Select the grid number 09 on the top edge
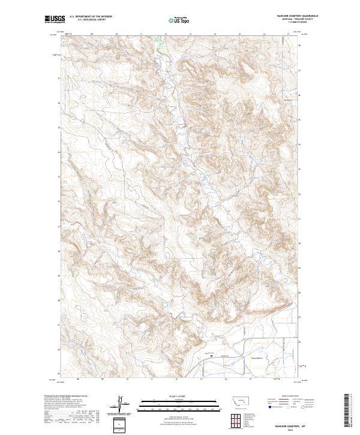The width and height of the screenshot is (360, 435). [x=92, y=34]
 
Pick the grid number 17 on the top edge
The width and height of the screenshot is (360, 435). [x=289, y=34]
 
